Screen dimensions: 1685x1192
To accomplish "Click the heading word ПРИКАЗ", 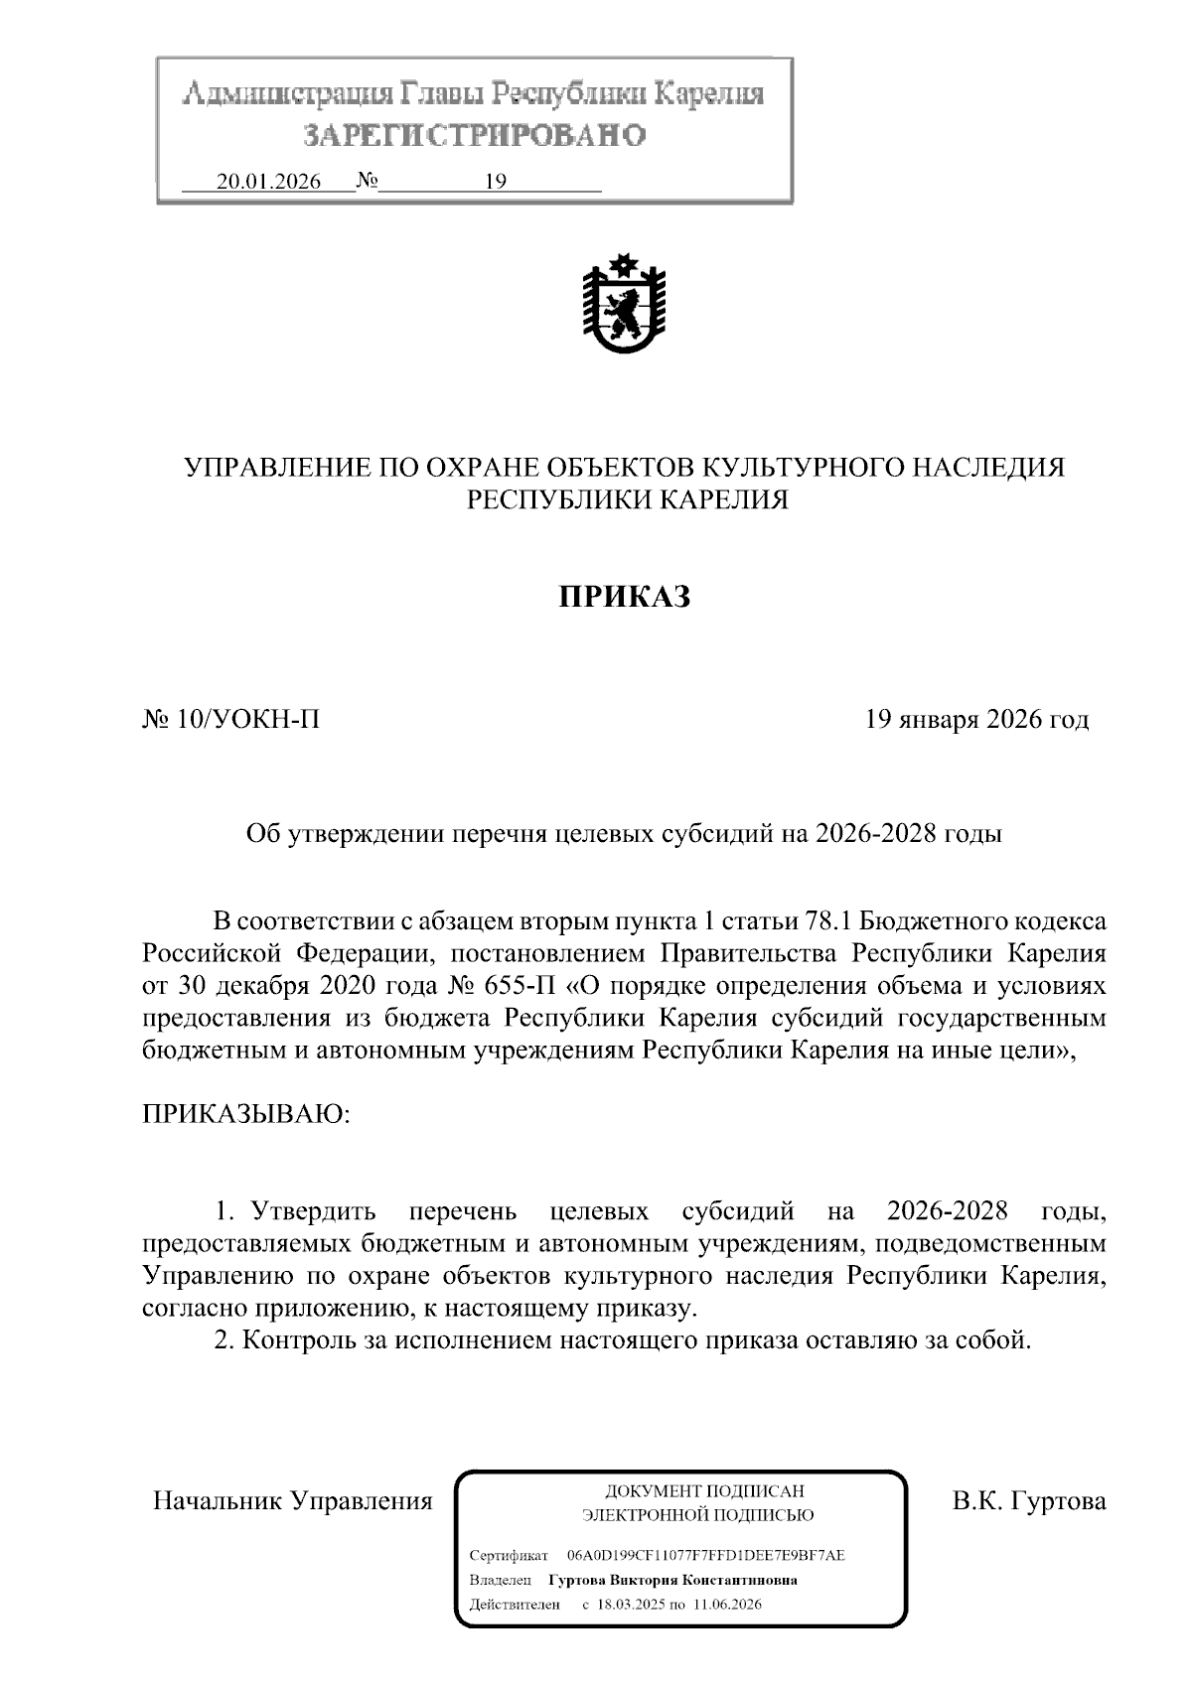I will pos(623,597).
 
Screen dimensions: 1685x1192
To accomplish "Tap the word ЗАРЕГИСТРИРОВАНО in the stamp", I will pos(474,136).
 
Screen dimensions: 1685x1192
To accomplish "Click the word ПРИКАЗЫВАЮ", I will pos(246,1113).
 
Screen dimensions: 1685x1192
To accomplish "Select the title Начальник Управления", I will pos(293,1501).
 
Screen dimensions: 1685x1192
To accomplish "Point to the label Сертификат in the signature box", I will pos(508,1556).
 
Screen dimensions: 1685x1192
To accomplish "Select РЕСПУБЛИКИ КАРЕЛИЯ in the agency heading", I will pos(628,500).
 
